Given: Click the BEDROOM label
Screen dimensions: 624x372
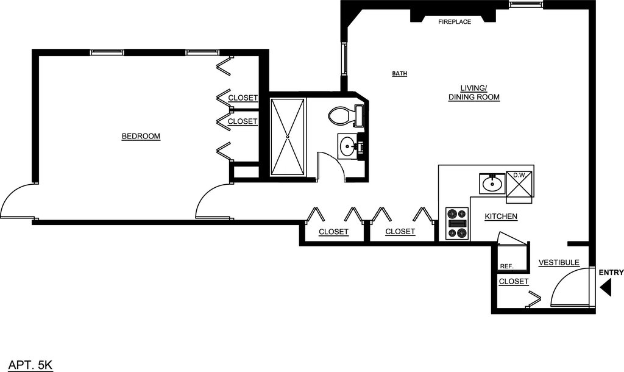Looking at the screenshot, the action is [x=141, y=136].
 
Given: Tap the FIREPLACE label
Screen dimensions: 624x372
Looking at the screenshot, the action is [x=455, y=22].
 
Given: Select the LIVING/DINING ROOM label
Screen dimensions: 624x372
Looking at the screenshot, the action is [x=474, y=93].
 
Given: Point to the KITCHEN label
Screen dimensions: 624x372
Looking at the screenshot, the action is [x=501, y=216].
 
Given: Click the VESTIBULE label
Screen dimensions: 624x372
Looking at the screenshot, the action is [x=559, y=262].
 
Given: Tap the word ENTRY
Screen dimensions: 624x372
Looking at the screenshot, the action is [x=611, y=273].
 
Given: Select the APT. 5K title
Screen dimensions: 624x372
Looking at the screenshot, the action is [x=30, y=365].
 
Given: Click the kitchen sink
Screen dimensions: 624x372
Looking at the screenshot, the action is [x=492, y=184].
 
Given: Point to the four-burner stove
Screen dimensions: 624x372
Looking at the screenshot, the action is [x=457, y=223].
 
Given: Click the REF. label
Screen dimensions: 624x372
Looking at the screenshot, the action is [x=506, y=266].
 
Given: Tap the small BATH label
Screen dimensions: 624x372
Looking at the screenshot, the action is [x=400, y=74].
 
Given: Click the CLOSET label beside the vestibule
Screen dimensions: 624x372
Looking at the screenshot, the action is [x=514, y=282].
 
